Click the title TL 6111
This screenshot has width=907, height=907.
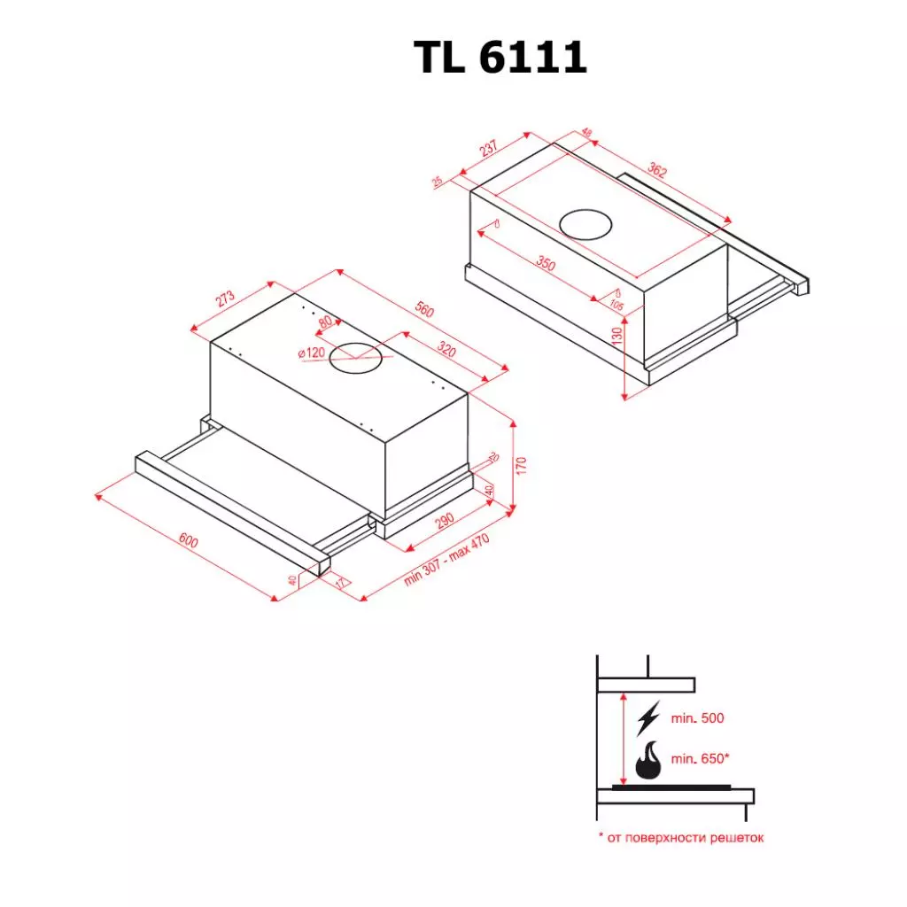(500, 58)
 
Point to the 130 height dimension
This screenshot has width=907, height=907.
(618, 333)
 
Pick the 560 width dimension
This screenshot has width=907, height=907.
(424, 311)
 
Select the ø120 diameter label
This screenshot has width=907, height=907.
(312, 353)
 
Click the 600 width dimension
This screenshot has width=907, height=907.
(189, 540)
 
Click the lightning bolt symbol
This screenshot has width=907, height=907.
(648, 717)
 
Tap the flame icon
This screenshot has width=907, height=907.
(648, 761)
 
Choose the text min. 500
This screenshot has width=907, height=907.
(698, 718)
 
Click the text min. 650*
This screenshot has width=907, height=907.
(701, 759)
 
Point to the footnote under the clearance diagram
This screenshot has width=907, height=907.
(680, 837)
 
